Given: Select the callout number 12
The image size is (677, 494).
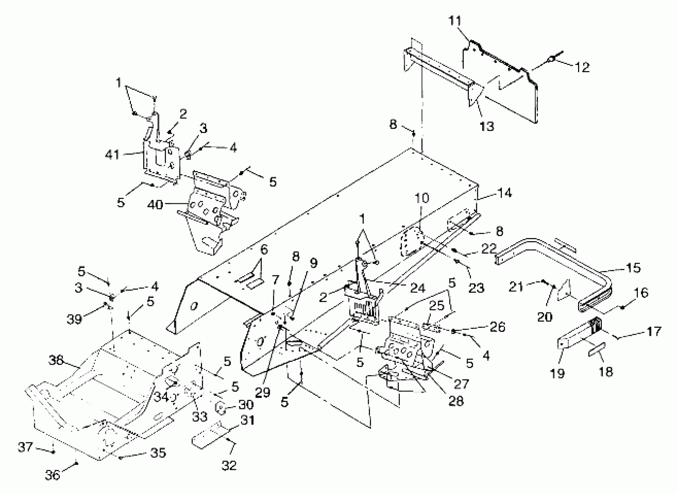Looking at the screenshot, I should (582, 68).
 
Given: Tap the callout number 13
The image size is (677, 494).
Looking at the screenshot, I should (487, 126).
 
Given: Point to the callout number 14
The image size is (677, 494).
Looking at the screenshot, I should (504, 193).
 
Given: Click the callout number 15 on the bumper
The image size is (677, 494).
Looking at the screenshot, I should (633, 268).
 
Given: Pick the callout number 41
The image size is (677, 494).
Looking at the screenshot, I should (112, 155).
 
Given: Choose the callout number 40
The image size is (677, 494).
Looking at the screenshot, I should (155, 205).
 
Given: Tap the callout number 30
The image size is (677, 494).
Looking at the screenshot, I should (246, 404).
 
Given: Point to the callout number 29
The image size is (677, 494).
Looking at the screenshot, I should (263, 393).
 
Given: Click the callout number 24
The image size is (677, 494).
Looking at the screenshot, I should (418, 288).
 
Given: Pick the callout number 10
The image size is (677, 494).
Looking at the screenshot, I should (421, 198).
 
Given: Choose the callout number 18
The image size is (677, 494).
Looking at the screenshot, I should (606, 372).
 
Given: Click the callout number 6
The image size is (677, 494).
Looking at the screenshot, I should (264, 249).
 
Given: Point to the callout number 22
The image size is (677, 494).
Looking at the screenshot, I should (489, 248).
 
